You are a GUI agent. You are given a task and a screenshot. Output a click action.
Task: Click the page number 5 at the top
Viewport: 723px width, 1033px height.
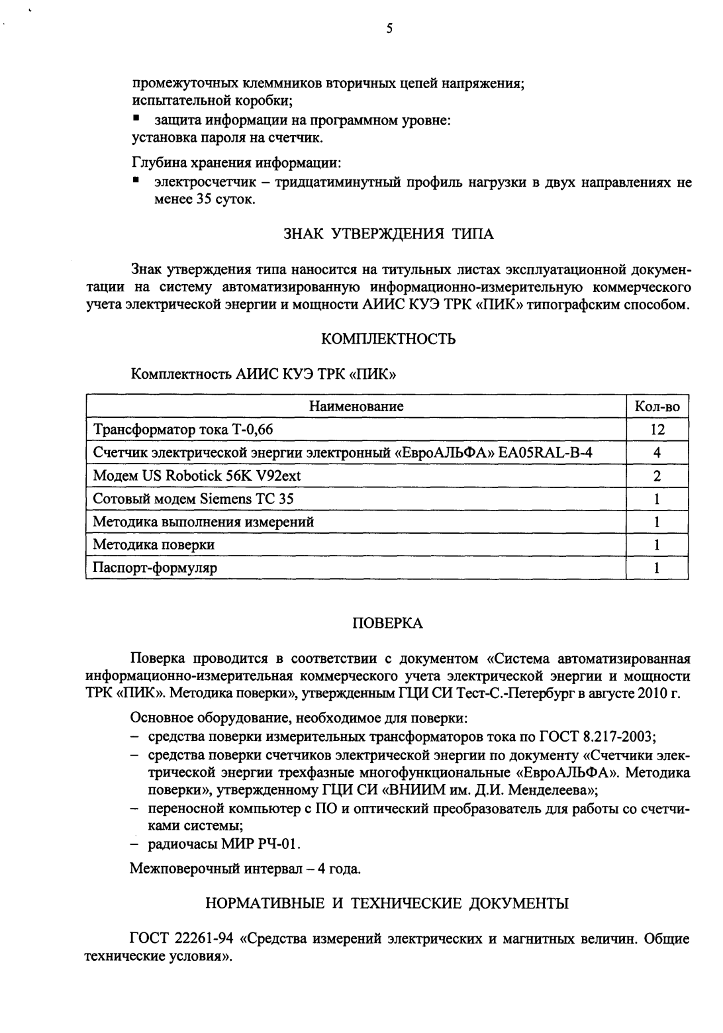pos(389,28)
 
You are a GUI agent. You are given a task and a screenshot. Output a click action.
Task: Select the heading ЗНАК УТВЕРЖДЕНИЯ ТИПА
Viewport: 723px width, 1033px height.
pos(389,234)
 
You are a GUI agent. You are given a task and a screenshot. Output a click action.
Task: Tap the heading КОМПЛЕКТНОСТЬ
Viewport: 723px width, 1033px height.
pos(388,339)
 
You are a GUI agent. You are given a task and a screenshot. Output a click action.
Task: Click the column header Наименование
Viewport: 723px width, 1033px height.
pos(356,406)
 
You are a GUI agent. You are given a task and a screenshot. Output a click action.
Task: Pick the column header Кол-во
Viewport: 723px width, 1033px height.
pos(657,406)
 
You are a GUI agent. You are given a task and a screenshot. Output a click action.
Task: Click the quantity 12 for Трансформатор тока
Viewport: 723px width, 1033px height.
pos(657,430)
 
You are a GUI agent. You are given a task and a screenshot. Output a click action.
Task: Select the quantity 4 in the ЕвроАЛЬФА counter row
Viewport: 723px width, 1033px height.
pos(657,453)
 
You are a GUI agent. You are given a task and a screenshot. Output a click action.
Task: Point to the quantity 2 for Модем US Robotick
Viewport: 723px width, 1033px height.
pos(657,476)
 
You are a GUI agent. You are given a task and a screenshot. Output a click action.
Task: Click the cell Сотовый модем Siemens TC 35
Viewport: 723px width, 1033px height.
pos(193,499)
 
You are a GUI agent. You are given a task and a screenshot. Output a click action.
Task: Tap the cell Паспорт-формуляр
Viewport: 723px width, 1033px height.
pos(155,567)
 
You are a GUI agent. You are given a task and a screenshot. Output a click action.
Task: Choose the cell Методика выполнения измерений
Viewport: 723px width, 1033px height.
pos(203,522)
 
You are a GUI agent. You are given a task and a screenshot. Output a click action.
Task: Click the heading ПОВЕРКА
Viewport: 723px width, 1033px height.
pos(387,623)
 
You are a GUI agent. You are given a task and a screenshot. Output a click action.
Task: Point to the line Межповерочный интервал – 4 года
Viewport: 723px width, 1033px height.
pos(246,869)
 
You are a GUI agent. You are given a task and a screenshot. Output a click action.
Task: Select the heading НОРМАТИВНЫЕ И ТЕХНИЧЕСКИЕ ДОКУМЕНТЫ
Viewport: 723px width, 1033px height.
pos(387,904)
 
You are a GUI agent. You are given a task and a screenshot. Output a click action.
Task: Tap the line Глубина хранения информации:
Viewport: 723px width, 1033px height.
pos(236,163)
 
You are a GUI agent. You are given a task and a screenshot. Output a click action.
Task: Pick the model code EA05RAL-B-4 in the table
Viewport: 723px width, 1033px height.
pos(556,453)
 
